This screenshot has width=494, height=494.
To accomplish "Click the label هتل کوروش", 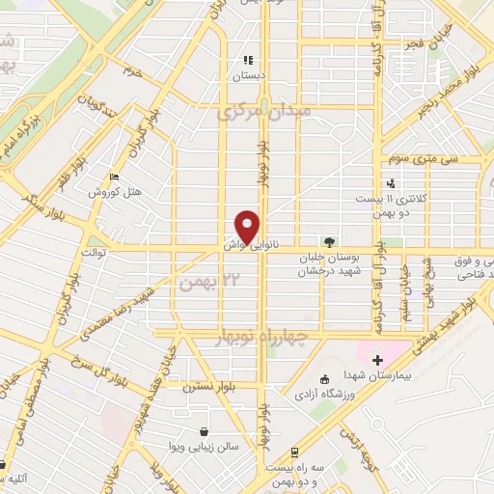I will point(116,192).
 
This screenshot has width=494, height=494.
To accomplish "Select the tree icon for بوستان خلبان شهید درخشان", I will point(329,242).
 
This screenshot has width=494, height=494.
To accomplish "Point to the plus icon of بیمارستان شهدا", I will point(376,360).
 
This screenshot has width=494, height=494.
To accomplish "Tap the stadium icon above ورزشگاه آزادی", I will point(323,376).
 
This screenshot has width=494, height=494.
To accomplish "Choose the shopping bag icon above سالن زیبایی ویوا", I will point(204,431).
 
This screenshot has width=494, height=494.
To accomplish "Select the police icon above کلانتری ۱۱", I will point(391,182).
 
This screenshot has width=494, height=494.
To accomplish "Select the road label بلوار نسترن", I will point(206,385).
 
